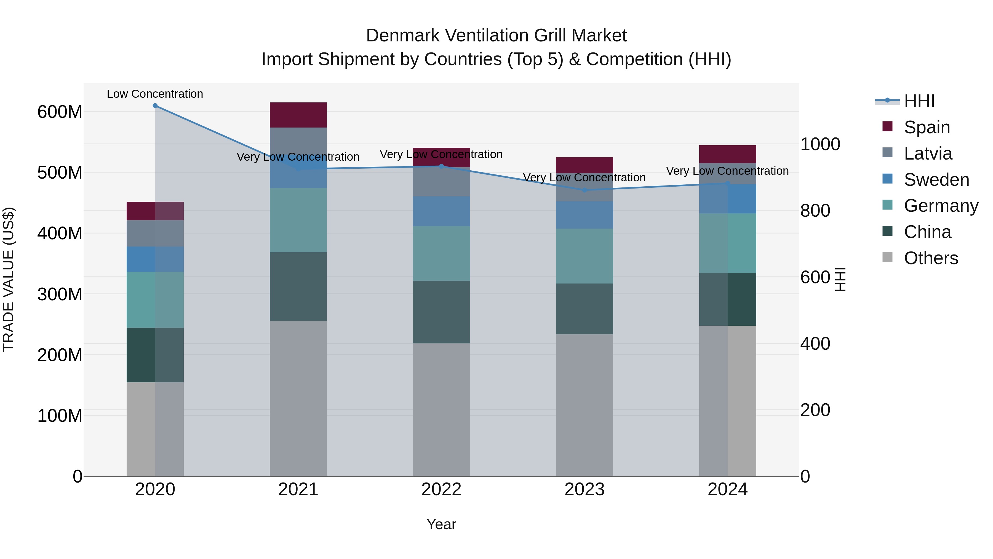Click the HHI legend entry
pyautogui.click(x=919, y=101)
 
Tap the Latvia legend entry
pyautogui.click(x=927, y=153)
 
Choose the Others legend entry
pyautogui.click(x=931, y=258)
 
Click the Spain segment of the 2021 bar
pyautogui.click(x=298, y=115)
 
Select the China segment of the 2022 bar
pyautogui.click(x=441, y=312)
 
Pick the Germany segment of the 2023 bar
pyautogui.click(x=584, y=256)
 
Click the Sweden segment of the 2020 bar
pyautogui.click(x=155, y=259)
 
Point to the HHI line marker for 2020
pyautogui.click(x=155, y=106)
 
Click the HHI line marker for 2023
pyautogui.click(x=584, y=190)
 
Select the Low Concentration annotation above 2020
pyautogui.click(x=155, y=94)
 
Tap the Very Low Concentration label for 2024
pyautogui.click(x=727, y=171)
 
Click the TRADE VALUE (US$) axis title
pyautogui.click(x=9, y=279)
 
